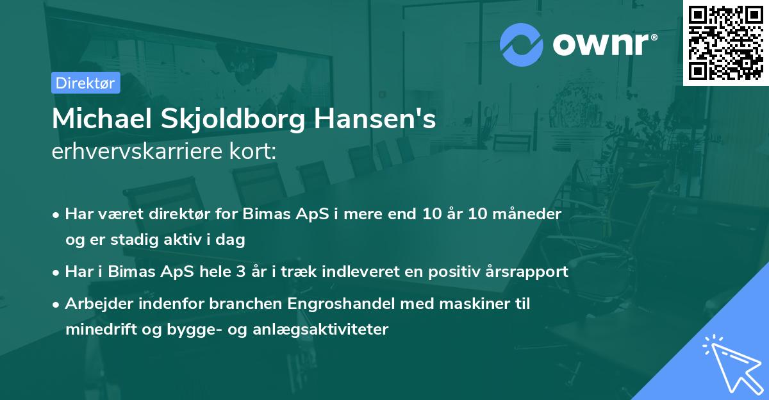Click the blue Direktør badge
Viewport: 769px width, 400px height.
85,83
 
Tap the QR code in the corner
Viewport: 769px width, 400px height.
725,42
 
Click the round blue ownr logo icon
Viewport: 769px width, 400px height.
522,45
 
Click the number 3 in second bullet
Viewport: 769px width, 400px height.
241,272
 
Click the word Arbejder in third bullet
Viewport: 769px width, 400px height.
95,304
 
